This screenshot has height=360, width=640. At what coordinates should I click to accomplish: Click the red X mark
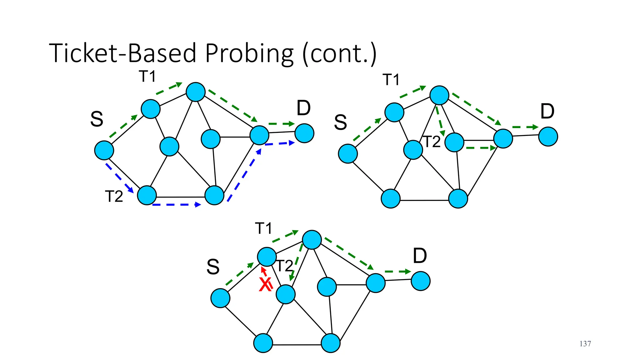coord(265,285)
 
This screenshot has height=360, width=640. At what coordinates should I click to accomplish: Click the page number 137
coord(585,344)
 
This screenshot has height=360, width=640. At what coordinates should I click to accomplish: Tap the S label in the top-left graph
coord(97,119)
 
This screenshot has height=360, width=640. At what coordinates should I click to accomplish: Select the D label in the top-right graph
coord(547,111)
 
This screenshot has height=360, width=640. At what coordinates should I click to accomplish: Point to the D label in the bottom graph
coord(420,256)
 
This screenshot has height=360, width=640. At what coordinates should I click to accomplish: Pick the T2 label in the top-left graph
coord(114,197)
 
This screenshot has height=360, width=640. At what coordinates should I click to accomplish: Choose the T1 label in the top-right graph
coord(391,80)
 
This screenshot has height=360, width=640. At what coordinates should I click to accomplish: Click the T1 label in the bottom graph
coord(263,228)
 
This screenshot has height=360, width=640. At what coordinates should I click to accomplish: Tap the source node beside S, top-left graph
coord(104,150)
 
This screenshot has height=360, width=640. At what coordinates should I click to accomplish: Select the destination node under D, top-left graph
coord(304,133)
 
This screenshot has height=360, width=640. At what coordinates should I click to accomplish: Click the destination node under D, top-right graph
coord(548,137)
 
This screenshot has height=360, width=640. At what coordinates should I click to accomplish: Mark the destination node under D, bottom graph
coord(421,281)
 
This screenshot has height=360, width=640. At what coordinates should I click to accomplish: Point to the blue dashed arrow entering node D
coord(280,143)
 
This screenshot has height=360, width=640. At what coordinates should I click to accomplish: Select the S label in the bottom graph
coord(213,267)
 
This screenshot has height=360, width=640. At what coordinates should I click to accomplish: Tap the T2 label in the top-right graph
coord(432,142)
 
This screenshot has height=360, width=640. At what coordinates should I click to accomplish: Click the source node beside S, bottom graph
coord(220,298)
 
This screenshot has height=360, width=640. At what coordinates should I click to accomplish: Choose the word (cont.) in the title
coord(339,54)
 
